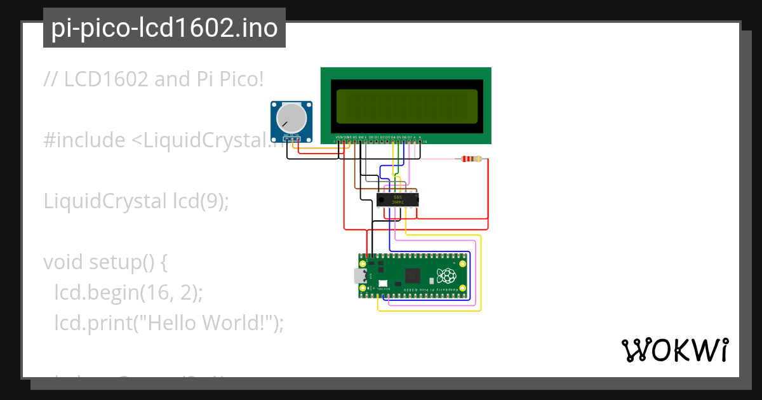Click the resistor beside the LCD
471,159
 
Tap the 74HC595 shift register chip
398,200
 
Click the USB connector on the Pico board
360,276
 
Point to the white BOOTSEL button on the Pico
383,284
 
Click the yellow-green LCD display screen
406,106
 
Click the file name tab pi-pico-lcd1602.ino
164,28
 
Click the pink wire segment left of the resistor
438,159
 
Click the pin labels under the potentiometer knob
292,137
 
